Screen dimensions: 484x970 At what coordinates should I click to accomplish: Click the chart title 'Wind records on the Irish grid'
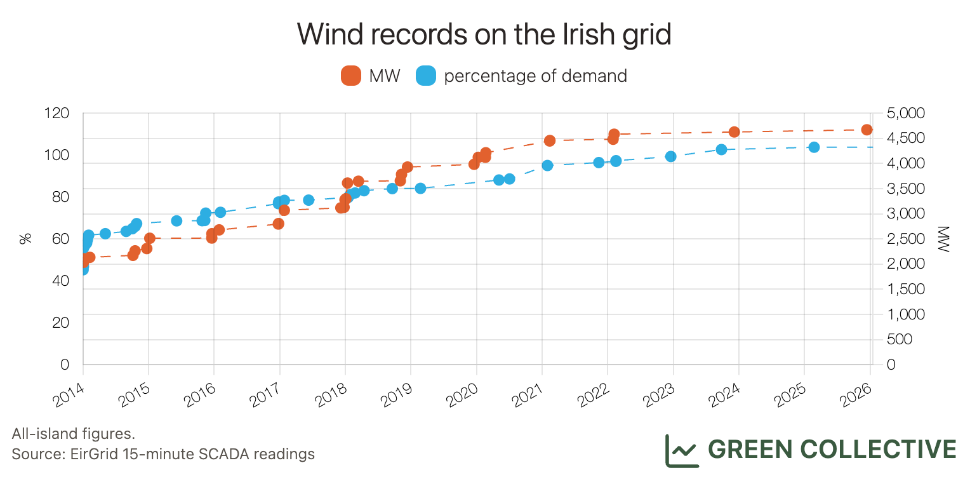484,34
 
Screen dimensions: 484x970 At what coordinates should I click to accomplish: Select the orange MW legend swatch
351,76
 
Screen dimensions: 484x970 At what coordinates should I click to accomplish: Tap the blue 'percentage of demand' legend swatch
425,76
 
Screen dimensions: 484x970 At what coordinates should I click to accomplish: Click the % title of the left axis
25,239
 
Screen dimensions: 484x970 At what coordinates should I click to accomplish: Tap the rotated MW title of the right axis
941,239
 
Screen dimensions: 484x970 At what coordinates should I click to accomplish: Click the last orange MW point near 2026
867,130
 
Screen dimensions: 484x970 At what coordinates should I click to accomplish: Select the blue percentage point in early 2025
814,147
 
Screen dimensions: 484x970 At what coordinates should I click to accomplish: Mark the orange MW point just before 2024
734,132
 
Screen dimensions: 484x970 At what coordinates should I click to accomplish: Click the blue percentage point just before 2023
670,156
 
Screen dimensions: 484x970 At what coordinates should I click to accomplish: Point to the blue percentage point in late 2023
721,150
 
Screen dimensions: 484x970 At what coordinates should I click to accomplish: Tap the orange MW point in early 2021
550,140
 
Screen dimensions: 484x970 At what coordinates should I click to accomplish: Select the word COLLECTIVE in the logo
879,449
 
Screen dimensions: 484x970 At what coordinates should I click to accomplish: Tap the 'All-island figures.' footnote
73,434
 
